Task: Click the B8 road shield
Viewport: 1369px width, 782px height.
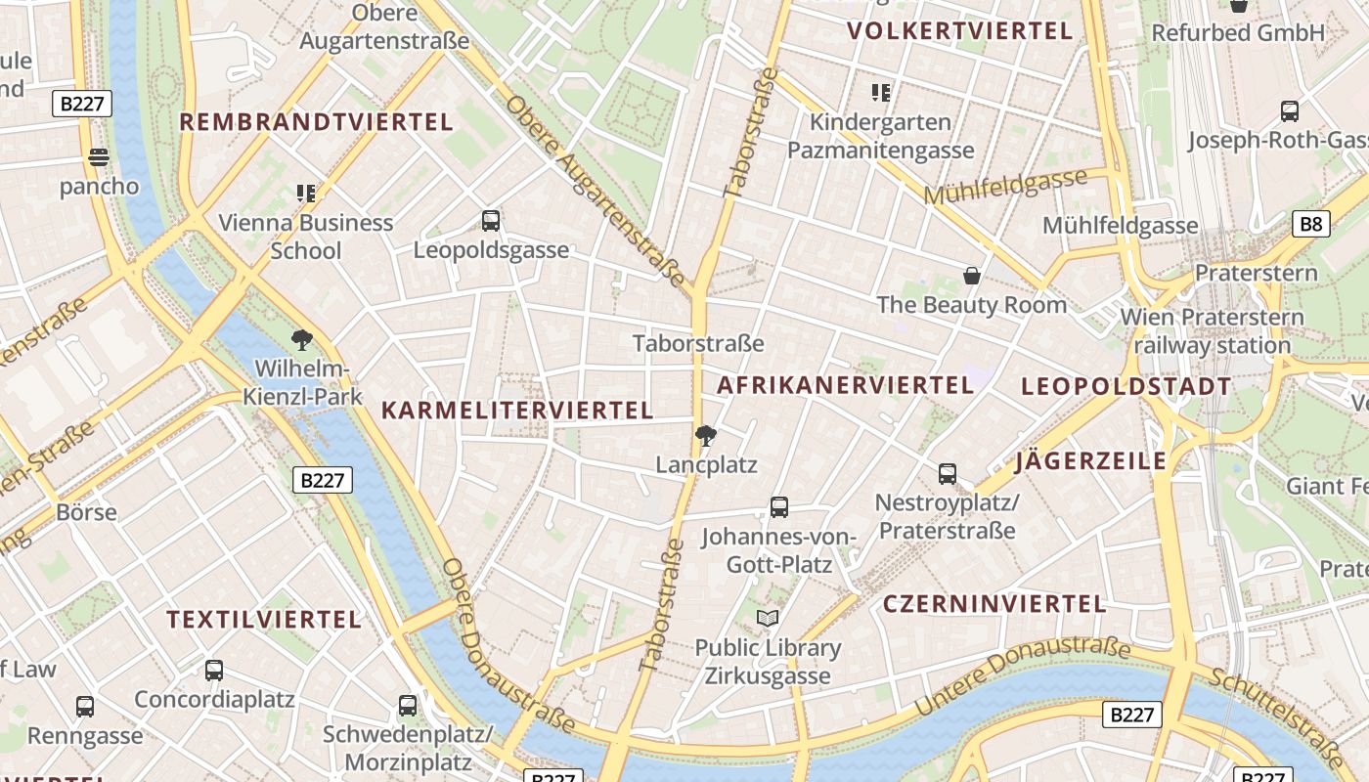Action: pyautogui.click(x=1310, y=224)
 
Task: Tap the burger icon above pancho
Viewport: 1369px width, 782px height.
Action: pyautogui.click(x=98, y=156)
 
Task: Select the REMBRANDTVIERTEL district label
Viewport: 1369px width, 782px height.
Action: pyautogui.click(x=316, y=122)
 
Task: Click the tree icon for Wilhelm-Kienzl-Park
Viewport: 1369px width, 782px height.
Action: pyautogui.click(x=302, y=340)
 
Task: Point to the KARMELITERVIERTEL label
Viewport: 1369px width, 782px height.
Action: pyautogui.click(x=517, y=411)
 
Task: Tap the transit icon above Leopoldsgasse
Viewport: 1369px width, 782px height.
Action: pyautogui.click(x=491, y=221)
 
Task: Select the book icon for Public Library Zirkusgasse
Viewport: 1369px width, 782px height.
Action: pyautogui.click(x=768, y=618)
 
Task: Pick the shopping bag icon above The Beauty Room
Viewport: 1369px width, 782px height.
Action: pyautogui.click(x=972, y=276)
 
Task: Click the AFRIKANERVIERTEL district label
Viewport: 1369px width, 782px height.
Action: pyautogui.click(x=845, y=385)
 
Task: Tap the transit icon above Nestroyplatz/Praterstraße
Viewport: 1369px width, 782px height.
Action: pyautogui.click(x=947, y=474)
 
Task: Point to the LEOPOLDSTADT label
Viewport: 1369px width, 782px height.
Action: pyautogui.click(x=1126, y=386)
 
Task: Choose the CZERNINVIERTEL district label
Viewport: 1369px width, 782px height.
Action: pyautogui.click(x=994, y=603)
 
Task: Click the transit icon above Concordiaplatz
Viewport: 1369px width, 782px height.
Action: pyautogui.click(x=214, y=671)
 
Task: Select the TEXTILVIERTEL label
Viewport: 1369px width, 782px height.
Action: pyautogui.click(x=264, y=620)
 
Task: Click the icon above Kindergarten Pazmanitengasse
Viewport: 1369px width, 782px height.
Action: pyautogui.click(x=881, y=93)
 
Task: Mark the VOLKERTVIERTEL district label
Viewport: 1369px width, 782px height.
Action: pyautogui.click(x=960, y=30)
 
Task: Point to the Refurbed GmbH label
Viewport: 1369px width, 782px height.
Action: pyautogui.click(x=1238, y=32)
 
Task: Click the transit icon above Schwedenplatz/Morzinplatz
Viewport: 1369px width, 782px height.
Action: pyautogui.click(x=408, y=705)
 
